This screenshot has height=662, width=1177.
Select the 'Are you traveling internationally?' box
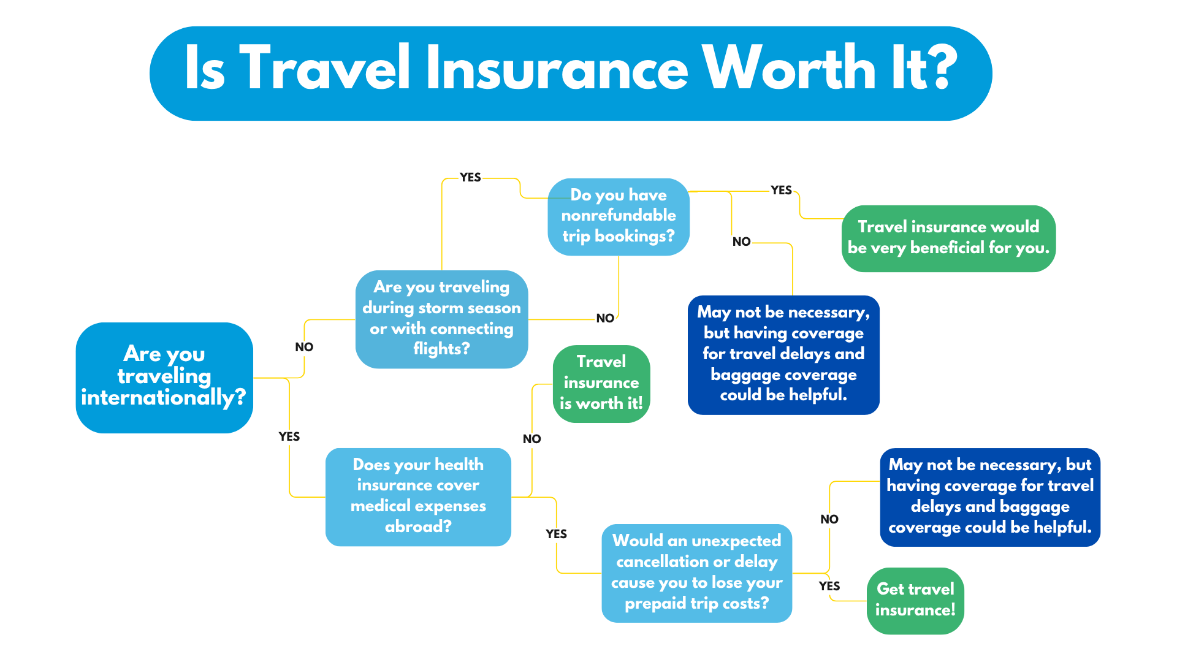pos(164,378)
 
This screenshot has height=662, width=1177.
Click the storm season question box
pos(441,319)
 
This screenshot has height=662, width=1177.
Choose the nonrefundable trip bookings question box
pos(619,217)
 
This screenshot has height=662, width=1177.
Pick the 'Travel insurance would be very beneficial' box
pos(948,238)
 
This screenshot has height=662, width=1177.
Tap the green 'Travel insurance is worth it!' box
pos(601,384)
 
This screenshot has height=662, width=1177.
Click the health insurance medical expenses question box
pos(418,496)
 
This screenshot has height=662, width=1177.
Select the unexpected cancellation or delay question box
pos(697,573)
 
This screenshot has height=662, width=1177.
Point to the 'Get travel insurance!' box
pos(915,601)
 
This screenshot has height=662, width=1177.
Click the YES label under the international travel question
pos(289,436)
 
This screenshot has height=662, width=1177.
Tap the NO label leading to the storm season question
pos(304,347)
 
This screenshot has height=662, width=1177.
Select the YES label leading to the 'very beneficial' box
pos(782,190)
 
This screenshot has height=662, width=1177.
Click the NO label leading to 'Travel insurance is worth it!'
pos(532,439)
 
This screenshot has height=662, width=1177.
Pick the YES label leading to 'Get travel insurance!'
pos(829,586)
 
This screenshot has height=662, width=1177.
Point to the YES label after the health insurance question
pos(557,534)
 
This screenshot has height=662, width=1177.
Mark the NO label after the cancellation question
pos(829,519)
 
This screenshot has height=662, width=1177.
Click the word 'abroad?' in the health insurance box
pos(418,527)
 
